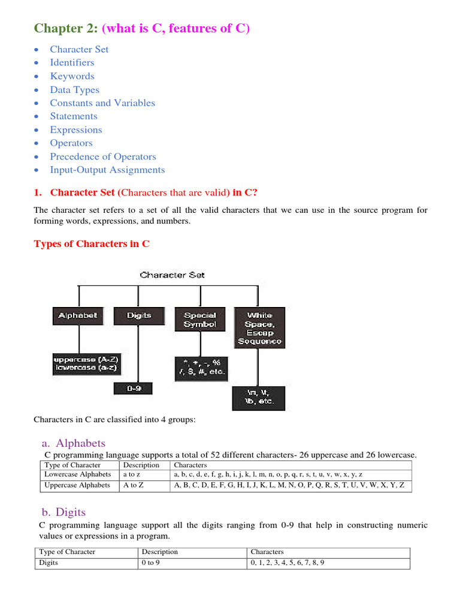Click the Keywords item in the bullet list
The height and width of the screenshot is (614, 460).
click(72, 76)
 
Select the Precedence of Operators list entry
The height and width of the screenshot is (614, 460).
click(102, 156)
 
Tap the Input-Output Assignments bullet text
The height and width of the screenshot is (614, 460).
click(107, 170)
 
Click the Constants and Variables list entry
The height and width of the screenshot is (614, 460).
click(102, 103)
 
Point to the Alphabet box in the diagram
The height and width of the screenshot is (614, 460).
click(78, 315)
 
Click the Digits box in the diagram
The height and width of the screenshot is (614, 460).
click(139, 315)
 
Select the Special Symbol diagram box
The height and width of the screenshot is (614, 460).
click(199, 320)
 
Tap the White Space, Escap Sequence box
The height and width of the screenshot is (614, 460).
click(259, 327)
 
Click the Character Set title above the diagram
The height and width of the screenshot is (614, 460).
click(172, 275)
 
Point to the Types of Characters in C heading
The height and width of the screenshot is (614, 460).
click(92, 243)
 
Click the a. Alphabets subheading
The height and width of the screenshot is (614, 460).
click(74, 444)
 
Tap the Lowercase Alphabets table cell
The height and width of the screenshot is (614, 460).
click(78, 474)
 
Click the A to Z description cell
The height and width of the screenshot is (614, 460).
click(134, 485)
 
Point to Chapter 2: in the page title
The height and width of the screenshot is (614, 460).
click(61, 28)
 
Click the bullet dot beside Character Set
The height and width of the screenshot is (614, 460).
click(38, 50)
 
